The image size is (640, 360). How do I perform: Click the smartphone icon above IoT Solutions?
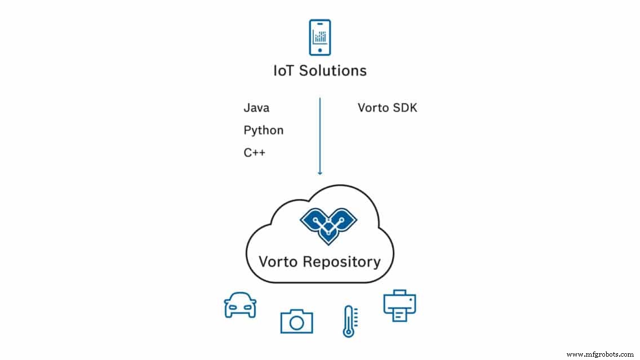[x=320, y=38]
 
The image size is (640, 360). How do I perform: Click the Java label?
[x=256, y=108]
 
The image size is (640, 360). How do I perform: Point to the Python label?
[x=264, y=131]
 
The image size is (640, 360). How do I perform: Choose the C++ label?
[x=255, y=153]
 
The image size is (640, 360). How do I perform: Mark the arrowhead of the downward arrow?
[x=320, y=172]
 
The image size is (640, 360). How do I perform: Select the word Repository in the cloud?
[x=343, y=262]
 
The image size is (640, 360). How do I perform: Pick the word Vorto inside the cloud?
[x=279, y=261]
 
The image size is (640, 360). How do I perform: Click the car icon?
[x=239, y=305]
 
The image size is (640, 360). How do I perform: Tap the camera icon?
[x=296, y=320]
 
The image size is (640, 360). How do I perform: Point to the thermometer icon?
[x=349, y=321]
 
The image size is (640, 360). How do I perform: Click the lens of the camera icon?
[x=296, y=322]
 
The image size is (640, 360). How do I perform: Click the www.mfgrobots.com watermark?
[x=599, y=354]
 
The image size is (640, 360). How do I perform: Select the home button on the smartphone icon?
[x=320, y=50]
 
